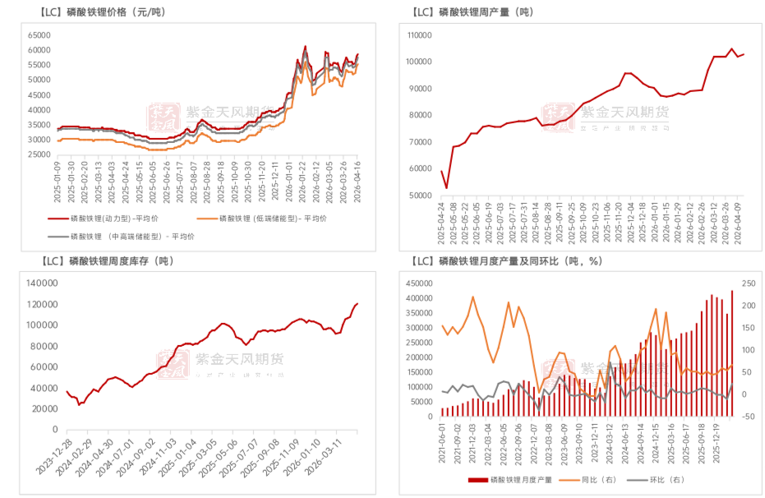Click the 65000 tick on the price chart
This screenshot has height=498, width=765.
[39, 35]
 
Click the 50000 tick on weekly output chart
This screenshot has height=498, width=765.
[419, 196]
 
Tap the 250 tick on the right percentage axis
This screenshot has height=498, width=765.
[748, 283]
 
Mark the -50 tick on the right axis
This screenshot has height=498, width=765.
[748, 417]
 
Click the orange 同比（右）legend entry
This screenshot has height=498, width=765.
[593, 480]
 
